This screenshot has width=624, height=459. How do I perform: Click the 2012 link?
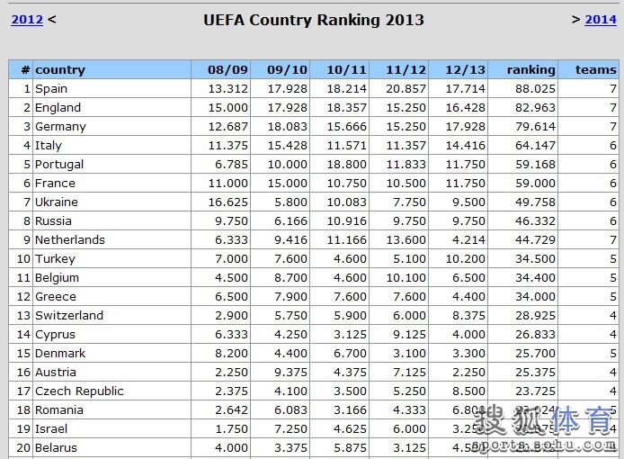click(27, 20)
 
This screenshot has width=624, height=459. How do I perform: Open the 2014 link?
click(601, 20)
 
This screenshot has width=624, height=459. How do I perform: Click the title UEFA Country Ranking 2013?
click(313, 20)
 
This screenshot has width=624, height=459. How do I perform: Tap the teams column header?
click(595, 69)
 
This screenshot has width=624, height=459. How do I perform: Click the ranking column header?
click(530, 69)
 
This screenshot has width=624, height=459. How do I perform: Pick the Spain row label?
click(51, 88)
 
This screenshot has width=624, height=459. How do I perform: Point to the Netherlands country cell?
click(70, 239)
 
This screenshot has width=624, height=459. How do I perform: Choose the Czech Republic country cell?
click(79, 391)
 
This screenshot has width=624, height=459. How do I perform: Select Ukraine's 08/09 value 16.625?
click(227, 202)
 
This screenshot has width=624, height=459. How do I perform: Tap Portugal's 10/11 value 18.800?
click(346, 164)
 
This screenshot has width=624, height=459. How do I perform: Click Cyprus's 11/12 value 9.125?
click(406, 334)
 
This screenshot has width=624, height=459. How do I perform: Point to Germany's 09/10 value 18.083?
click(287, 126)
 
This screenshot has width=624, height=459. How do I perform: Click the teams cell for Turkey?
click(612, 258)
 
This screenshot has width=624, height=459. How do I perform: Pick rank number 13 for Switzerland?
click(23, 315)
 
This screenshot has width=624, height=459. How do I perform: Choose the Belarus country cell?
click(56, 447)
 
